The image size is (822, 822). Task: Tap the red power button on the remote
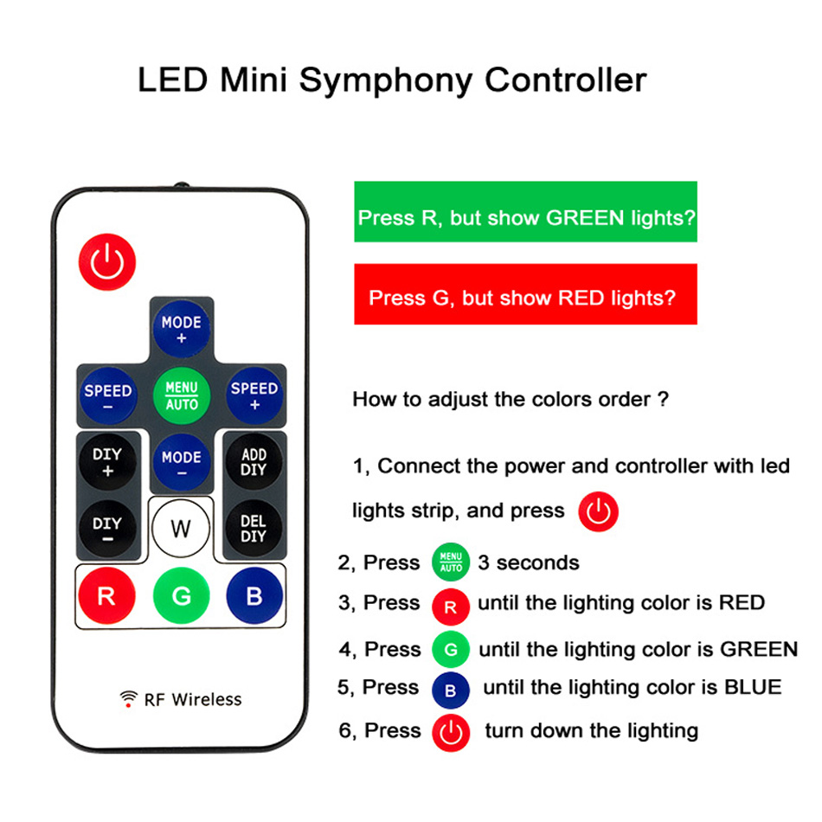(x=107, y=261)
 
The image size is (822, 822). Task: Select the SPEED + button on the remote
(x=254, y=396)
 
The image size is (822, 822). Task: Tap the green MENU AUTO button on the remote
(x=181, y=396)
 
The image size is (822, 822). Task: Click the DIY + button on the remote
(x=107, y=462)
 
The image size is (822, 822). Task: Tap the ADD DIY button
(x=254, y=462)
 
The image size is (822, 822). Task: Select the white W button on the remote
(x=181, y=529)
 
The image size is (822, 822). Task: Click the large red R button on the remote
(x=106, y=596)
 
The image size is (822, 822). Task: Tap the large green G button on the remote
(x=181, y=596)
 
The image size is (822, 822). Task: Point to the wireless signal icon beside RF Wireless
(x=129, y=699)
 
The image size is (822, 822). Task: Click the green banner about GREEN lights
(x=525, y=212)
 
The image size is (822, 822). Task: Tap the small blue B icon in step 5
(x=450, y=690)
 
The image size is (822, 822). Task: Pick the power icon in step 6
(x=450, y=733)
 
